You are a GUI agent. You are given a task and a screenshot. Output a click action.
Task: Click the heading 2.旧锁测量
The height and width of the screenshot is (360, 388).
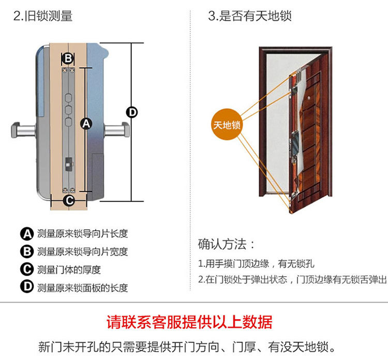tap(43, 16)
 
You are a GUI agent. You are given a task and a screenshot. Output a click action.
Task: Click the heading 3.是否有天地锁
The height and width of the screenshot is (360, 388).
tap(250, 16)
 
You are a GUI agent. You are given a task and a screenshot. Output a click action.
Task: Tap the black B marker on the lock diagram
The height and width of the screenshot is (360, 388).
tap(68, 58)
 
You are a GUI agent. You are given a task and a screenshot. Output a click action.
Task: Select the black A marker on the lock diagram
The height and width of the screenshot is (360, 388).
tap(86, 124)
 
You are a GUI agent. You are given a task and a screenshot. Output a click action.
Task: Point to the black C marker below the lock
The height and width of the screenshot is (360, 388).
tap(69, 200)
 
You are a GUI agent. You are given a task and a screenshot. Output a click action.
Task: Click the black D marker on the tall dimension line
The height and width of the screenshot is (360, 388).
tap(132, 112)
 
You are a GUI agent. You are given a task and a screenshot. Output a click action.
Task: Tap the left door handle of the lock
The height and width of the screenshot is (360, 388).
tap(23, 130)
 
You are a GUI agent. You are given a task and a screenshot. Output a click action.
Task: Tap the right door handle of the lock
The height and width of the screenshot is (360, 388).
tap(117, 130)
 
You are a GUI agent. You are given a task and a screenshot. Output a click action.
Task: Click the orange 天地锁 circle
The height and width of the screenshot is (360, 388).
tap(227, 125)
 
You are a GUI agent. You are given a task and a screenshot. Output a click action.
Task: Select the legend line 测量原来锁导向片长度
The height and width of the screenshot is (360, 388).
tap(82, 234)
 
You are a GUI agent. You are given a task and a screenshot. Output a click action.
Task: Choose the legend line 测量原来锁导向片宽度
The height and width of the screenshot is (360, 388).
tap(82, 251)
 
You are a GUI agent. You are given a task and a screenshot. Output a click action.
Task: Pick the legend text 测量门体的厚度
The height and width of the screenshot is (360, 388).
tap(69, 269)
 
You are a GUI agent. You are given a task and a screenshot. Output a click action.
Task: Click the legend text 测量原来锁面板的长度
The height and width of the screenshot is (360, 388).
tap(82, 288)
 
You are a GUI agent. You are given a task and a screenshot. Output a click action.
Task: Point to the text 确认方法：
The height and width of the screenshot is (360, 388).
tap(226, 244)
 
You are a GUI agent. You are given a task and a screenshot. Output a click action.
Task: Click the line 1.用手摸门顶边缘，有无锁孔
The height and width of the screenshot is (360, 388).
tap(256, 264)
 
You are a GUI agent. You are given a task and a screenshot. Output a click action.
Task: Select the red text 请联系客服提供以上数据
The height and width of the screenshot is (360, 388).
tap(189, 322)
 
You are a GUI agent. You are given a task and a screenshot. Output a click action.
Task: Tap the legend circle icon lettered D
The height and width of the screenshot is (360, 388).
tap(27, 287)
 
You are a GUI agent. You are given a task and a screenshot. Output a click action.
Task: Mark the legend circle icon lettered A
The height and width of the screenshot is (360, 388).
tap(27, 234)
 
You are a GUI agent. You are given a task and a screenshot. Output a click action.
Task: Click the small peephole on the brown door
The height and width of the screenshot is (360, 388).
tap(309, 98)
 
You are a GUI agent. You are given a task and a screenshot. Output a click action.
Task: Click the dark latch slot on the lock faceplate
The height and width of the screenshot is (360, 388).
tap(68, 164)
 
